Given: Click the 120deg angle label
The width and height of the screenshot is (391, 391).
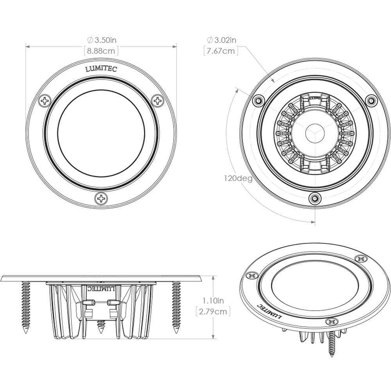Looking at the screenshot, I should (x=238, y=178).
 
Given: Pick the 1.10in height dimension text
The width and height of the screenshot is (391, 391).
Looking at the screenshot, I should (x=213, y=301).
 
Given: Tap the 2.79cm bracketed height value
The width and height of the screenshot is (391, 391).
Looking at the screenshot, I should (x=213, y=311).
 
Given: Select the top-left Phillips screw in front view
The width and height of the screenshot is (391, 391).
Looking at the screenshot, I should (x=45, y=100).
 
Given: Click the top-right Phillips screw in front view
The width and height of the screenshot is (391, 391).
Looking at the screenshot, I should (x=158, y=100).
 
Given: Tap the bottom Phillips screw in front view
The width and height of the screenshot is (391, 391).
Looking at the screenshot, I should (x=101, y=198).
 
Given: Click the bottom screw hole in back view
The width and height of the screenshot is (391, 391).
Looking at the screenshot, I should (x=314, y=199).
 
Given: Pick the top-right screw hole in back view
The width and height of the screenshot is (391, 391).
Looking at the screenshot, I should (x=370, y=101).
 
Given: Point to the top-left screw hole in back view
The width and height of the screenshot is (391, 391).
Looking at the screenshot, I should (x=257, y=101).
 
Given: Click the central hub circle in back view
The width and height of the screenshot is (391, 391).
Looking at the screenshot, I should (x=314, y=132).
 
